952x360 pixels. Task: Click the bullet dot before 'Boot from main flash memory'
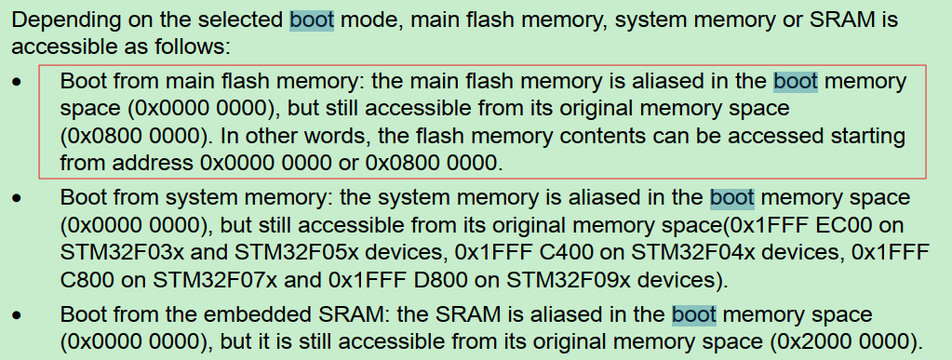pyautogui.click(x=18, y=83)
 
